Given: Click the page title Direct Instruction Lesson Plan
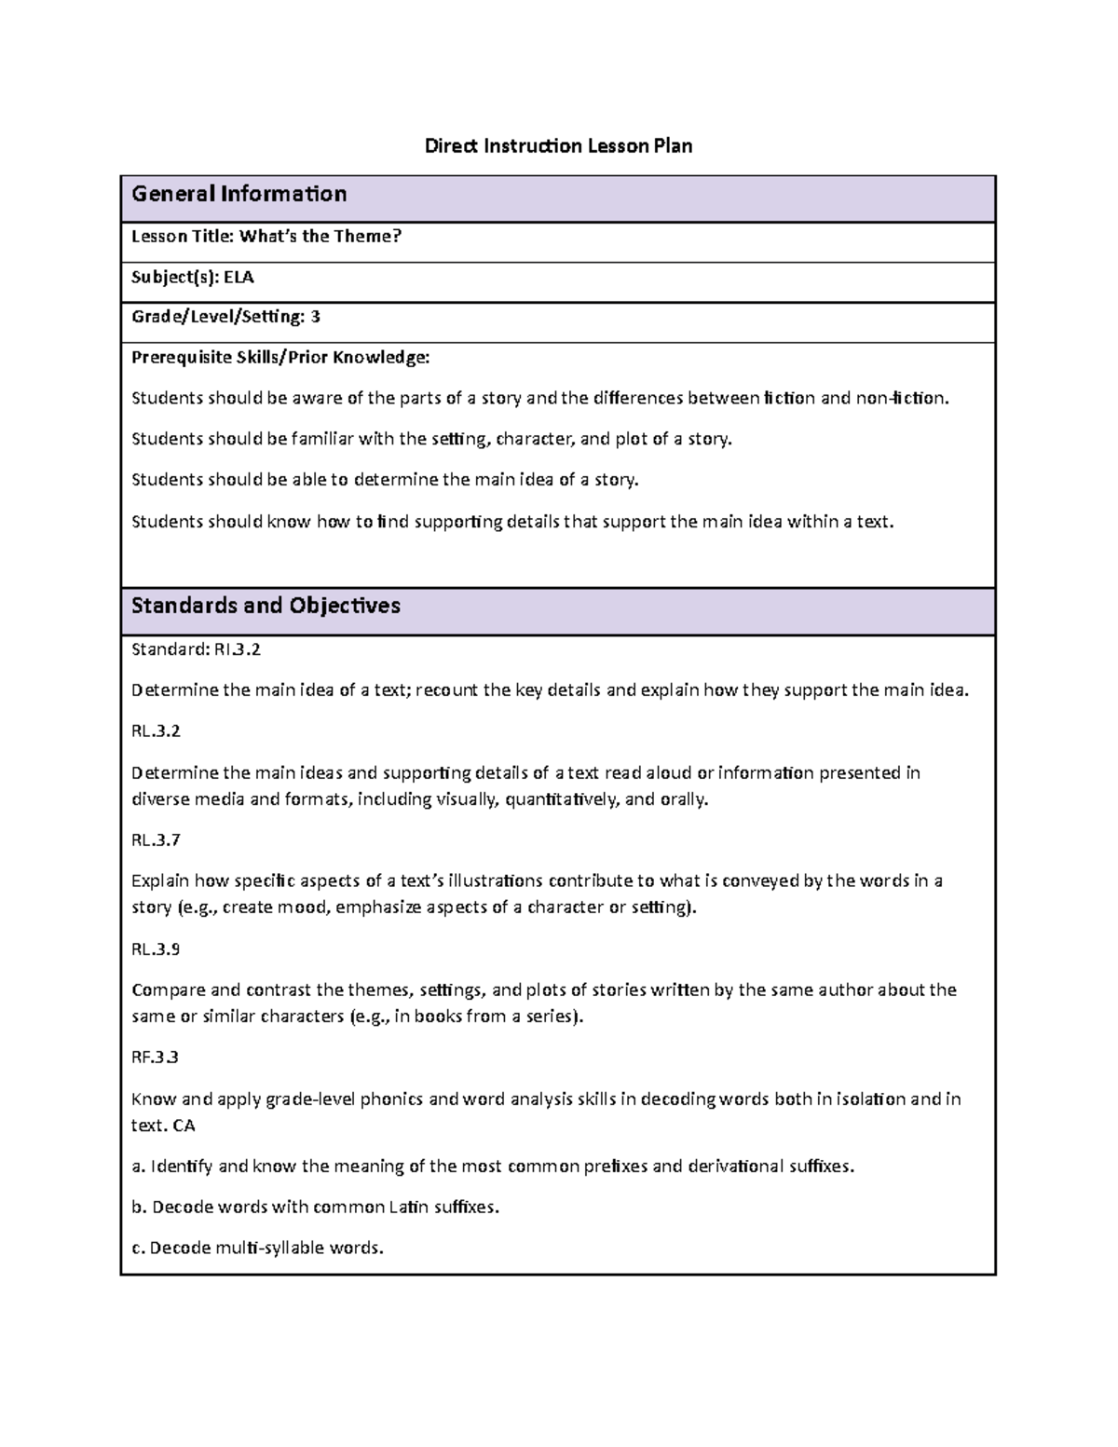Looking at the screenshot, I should [558, 146].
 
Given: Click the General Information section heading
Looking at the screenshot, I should [239, 194].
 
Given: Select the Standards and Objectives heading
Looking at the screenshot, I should [266, 606].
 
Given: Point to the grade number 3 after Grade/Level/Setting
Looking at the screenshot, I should [315, 317].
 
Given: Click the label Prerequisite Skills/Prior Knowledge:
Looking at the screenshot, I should [280, 357].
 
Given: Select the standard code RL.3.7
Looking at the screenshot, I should [156, 840].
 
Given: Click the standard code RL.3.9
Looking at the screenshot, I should [156, 949].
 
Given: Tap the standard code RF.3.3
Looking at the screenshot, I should [155, 1058].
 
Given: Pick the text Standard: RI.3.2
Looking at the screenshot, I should [196, 649].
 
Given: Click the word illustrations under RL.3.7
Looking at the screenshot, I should [496, 880].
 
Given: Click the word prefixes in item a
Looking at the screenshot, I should [615, 1167].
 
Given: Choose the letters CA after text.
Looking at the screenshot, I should [184, 1126].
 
